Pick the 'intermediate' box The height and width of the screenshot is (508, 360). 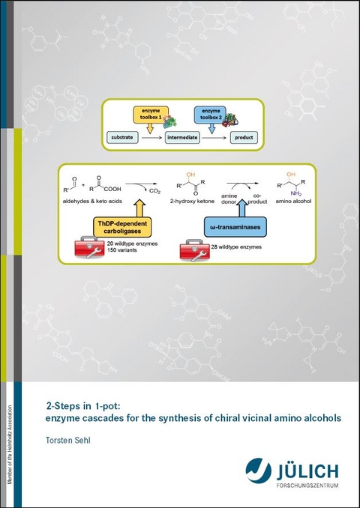pyautogui.click(x=186, y=139)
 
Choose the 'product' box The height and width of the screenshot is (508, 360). pyautogui.click(x=241, y=139)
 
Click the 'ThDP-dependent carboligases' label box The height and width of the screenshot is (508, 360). pyautogui.click(x=122, y=228)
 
